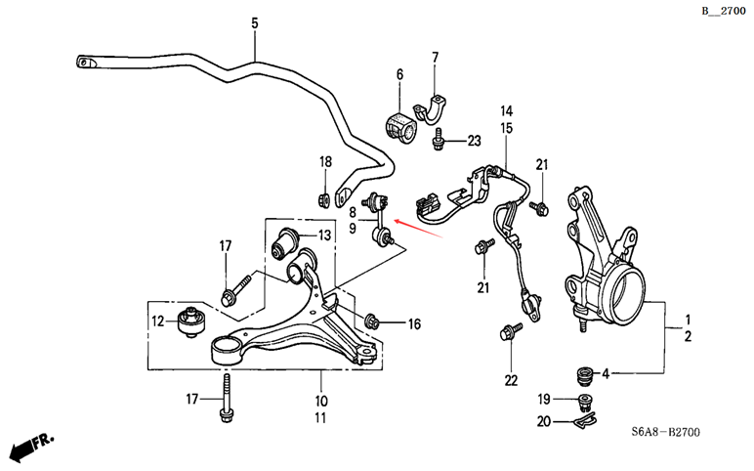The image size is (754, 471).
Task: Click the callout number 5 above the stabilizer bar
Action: point(254,22)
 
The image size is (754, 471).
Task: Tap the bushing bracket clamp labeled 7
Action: point(431,108)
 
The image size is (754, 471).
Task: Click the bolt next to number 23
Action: point(439,139)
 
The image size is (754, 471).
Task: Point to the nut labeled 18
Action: point(324,198)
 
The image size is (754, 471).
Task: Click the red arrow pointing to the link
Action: point(418,228)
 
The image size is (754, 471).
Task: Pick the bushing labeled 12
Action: point(191,321)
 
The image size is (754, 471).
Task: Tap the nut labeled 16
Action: point(372,321)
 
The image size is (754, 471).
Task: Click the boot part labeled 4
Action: point(584,376)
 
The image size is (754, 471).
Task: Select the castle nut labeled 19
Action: point(585,402)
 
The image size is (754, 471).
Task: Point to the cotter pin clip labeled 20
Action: point(585,422)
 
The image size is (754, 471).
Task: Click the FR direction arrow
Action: point(31,446)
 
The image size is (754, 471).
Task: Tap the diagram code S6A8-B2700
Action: point(665,432)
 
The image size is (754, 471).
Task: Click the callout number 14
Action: point(506,111)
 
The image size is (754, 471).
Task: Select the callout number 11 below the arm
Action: point(320,417)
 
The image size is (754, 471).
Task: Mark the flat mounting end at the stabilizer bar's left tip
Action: point(87,62)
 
